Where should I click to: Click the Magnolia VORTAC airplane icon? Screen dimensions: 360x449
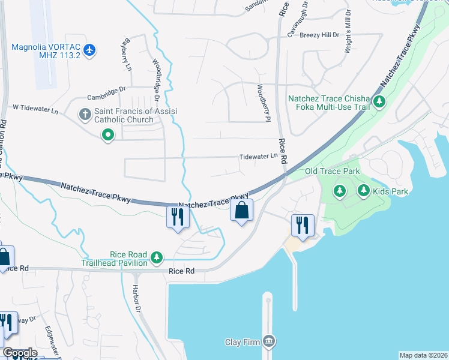pyautogui.click(x=90, y=49)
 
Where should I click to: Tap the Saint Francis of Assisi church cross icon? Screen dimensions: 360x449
pyautogui.click(x=85, y=113)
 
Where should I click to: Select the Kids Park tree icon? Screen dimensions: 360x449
pyautogui.click(x=363, y=191)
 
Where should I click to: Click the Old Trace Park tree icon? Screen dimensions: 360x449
pyautogui.click(x=340, y=191)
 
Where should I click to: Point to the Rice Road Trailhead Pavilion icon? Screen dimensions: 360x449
pyautogui.click(x=157, y=257)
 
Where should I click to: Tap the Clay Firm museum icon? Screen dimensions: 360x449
pyautogui.click(x=268, y=342)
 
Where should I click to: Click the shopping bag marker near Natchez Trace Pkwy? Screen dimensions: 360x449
pyautogui.click(x=241, y=211)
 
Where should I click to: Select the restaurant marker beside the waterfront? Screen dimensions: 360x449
pyautogui.click(x=302, y=225)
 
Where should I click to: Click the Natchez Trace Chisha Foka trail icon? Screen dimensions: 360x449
pyautogui.click(x=379, y=101)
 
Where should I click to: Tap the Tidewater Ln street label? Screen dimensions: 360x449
pyautogui.click(x=259, y=156)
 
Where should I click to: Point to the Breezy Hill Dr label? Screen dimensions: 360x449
pyautogui.click(x=319, y=35)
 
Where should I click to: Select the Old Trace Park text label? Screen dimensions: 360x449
pyautogui.click(x=332, y=172)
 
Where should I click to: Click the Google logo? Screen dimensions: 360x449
pyautogui.click(x=19, y=353)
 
